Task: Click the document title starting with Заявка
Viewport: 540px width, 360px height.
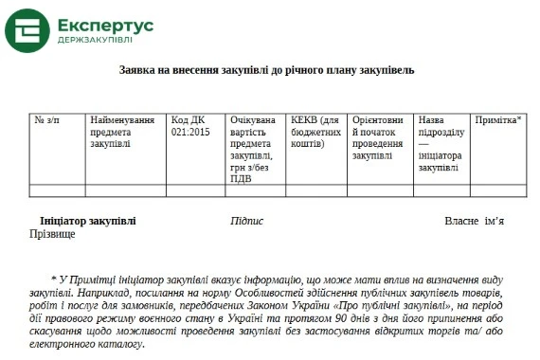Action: pos(266,71)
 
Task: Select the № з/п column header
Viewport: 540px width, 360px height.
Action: pos(46,120)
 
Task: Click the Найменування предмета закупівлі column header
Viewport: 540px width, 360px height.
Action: pos(122,133)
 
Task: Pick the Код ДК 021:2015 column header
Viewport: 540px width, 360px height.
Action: pos(190,127)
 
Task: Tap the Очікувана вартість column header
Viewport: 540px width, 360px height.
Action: pos(253,149)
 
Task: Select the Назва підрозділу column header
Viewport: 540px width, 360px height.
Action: pos(441,144)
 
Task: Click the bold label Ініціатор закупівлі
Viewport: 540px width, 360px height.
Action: pos(88,221)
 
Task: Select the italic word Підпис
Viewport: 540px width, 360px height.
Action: pos(246,221)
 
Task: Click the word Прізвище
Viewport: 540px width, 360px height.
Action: pos(52,233)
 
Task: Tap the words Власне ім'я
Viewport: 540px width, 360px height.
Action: pos(474,221)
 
